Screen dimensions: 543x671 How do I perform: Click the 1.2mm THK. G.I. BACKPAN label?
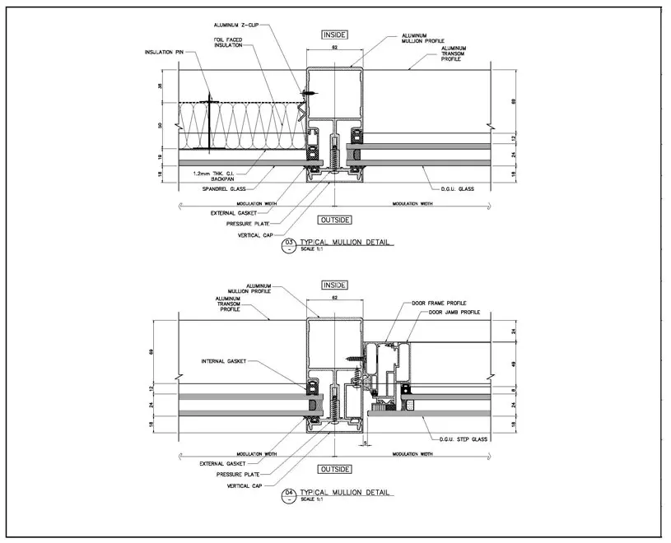[211, 174]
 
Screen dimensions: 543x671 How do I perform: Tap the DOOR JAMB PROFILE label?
[453, 313]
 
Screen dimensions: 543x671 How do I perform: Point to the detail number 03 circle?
[289, 243]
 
